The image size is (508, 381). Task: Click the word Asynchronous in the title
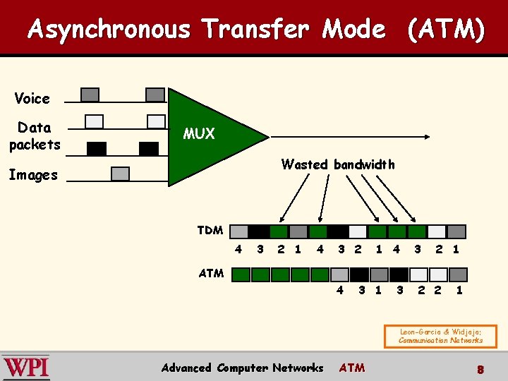point(109,30)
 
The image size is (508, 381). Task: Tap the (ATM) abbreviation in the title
point(445,30)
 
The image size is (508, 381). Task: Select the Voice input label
point(32,98)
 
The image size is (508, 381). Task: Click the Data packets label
point(35,135)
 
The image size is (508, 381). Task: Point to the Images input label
point(33,175)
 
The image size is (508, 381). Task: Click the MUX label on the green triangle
point(198,134)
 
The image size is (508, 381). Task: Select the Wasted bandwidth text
point(338,164)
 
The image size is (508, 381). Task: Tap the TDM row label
point(210,230)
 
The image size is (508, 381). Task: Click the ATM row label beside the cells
point(211,273)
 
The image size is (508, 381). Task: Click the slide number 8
point(479,368)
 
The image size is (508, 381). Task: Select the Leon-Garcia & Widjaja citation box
point(440,336)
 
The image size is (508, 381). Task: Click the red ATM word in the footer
point(352,368)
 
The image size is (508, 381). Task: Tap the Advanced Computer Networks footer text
point(242,368)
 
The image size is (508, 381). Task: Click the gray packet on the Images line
point(121,174)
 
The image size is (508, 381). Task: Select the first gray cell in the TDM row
point(239,231)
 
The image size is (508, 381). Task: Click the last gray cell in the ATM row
point(459,274)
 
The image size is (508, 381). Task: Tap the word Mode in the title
point(353,30)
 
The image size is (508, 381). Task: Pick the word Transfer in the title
point(255,30)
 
